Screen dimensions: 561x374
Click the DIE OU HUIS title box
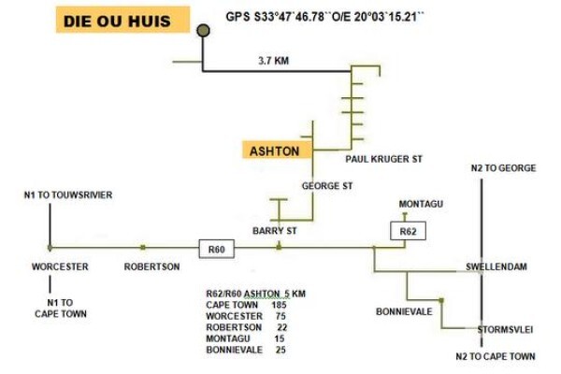click(122, 20)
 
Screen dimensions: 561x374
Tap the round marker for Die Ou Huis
click(203, 31)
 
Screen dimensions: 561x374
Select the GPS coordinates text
click(324, 17)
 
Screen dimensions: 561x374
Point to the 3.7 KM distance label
click(274, 61)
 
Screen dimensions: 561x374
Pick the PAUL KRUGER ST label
click(384, 159)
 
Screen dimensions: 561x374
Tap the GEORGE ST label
click(327, 186)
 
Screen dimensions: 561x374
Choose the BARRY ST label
click(274, 231)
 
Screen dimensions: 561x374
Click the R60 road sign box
click(217, 249)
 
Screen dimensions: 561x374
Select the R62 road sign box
click(408, 231)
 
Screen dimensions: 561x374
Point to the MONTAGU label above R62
click(421, 204)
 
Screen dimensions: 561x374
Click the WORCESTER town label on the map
click(60, 266)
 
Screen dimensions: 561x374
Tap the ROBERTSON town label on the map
click(151, 266)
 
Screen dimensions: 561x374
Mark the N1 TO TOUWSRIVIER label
click(68, 195)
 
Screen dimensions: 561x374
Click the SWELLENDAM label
click(496, 266)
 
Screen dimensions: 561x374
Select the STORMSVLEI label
click(505, 330)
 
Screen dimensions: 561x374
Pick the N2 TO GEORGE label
click(503, 168)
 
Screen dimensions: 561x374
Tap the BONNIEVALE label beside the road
click(404, 311)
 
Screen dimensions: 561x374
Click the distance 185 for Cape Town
click(279, 305)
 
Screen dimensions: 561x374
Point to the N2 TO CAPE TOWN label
click(496, 356)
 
